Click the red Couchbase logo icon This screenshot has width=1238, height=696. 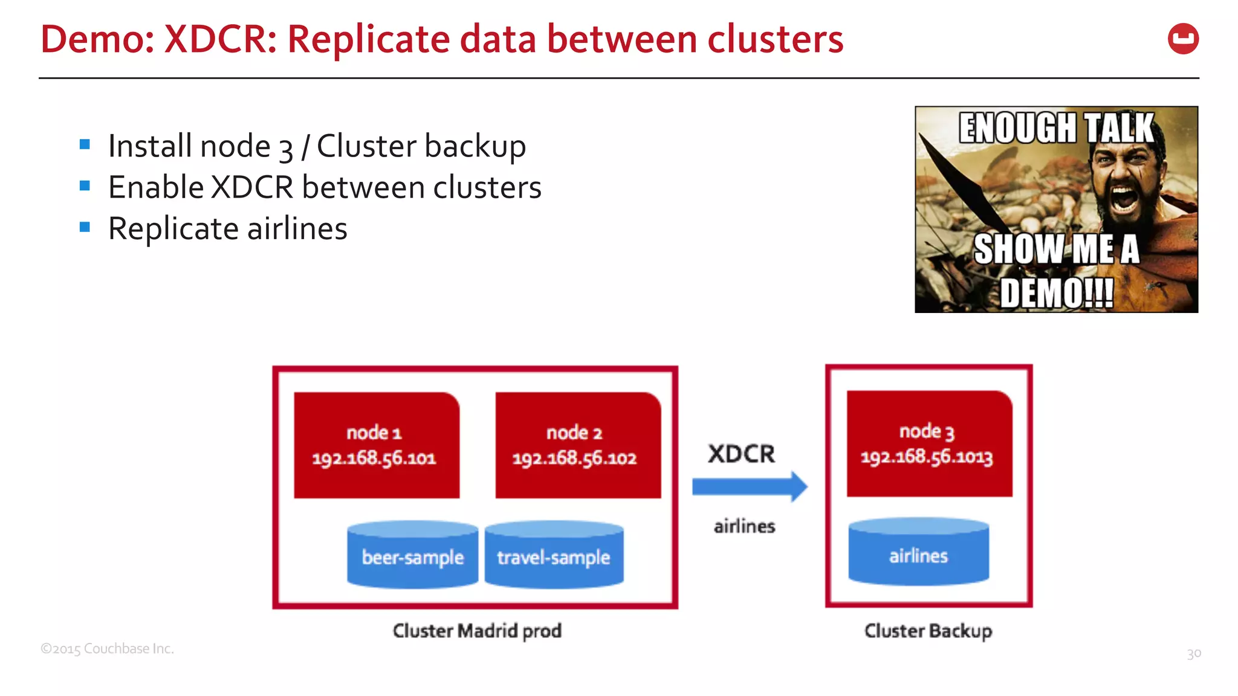[x=1183, y=39]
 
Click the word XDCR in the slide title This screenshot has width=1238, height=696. [x=220, y=39]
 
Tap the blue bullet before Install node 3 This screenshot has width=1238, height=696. [x=85, y=144]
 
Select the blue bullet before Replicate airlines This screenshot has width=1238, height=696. [x=85, y=227]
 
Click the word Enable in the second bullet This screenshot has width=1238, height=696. [x=155, y=187]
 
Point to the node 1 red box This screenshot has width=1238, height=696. [x=376, y=445]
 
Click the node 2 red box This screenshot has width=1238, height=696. [x=577, y=445]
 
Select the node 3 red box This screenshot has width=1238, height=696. [x=929, y=444]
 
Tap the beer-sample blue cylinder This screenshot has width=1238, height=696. [x=412, y=555]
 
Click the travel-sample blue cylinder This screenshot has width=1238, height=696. [x=554, y=555]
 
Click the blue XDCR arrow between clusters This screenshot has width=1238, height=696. [x=749, y=486]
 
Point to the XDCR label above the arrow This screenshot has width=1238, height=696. [x=741, y=454]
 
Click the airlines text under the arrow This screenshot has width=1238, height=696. [x=744, y=526]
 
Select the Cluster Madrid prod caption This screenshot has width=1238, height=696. [x=477, y=631]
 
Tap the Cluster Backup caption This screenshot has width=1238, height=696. [x=928, y=631]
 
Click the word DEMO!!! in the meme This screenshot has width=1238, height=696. [x=1056, y=293]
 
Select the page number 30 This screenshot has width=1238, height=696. [x=1193, y=654]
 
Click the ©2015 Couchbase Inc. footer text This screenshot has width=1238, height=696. [x=107, y=649]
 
